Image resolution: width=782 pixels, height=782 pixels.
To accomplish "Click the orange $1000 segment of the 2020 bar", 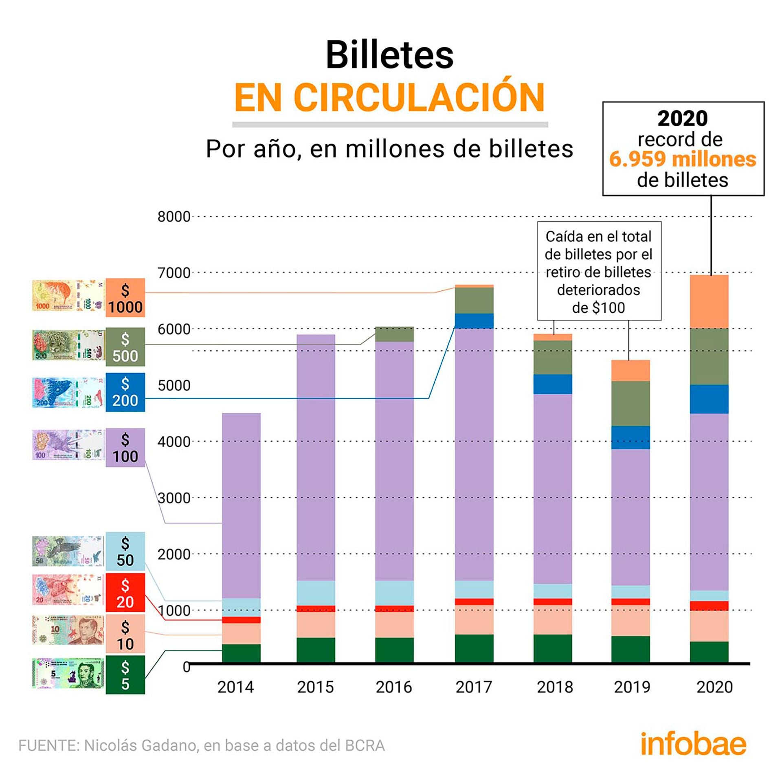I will tap(709, 301).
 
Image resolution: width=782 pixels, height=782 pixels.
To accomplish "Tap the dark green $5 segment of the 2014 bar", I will tap(241, 653).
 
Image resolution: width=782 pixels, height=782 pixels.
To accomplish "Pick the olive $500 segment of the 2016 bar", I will tap(394, 334).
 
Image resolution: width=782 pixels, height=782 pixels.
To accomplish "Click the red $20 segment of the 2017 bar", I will tap(474, 602).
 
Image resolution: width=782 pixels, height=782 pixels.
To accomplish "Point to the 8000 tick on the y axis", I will tap(174, 217).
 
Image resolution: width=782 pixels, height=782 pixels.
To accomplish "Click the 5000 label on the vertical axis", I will tap(174, 385).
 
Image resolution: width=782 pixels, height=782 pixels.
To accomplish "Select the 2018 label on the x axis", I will tap(554, 687).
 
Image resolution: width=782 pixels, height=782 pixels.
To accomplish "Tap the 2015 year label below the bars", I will tap(315, 687).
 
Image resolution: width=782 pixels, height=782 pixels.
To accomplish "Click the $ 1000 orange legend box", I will tap(125, 298).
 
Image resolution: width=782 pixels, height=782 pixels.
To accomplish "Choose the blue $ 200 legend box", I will tap(125, 392).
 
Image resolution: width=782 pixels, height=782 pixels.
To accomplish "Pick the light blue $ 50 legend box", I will tap(125, 551).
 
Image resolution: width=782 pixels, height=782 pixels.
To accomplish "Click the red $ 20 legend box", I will tap(125, 593).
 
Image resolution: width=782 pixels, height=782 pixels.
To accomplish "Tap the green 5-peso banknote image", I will tap(68, 674).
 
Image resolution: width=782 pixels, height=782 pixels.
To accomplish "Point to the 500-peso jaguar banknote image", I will tap(68, 345).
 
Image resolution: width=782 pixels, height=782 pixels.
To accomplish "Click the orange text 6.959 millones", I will tap(683, 159).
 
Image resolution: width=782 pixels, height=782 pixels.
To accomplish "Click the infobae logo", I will tap(693, 744).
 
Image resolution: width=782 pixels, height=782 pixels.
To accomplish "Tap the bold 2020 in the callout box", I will tap(683, 119).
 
